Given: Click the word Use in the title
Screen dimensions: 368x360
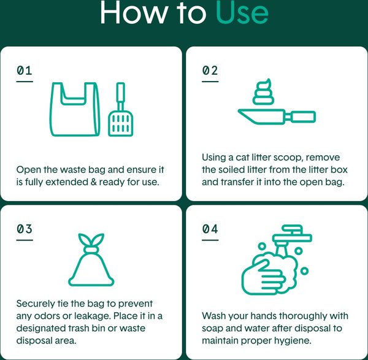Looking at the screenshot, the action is tap(242, 12).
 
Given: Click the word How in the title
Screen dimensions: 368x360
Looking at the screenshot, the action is tap(133, 12).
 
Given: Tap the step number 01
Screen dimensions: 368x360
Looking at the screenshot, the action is tap(25, 71).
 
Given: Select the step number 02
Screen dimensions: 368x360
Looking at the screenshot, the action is tap(210, 71).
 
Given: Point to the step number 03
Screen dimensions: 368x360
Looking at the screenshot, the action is tap(25, 229).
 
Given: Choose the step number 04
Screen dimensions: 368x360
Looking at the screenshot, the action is tap(210, 229).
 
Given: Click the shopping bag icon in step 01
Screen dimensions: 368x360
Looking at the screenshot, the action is tap(75, 109).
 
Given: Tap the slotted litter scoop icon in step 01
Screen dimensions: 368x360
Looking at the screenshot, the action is tap(121, 109).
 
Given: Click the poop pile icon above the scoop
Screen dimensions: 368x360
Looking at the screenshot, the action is tap(263, 92).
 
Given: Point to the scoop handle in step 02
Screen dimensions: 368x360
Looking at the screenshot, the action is tap(303, 117).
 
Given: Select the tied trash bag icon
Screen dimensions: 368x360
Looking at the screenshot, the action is tap(91, 260).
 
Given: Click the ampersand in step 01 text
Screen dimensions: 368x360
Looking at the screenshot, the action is tap(93, 182).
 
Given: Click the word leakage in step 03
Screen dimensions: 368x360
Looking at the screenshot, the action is tap(92, 316).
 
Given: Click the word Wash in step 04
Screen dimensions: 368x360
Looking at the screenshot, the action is tap(213, 316).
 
